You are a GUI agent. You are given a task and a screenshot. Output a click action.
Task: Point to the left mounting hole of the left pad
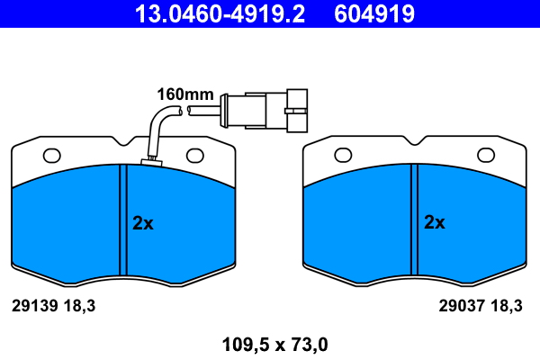point(51,156)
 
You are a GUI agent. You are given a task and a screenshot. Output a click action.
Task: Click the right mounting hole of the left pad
point(195,156)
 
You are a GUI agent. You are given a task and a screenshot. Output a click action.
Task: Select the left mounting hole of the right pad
point(343,156)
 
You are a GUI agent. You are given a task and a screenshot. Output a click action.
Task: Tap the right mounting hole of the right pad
point(487,156)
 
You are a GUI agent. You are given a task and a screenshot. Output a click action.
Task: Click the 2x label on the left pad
point(143,223)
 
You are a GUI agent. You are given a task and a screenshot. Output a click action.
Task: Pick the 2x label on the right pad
point(435,223)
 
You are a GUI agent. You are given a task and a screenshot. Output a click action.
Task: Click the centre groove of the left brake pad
point(124,220)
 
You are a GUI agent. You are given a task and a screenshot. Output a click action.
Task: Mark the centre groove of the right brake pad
point(415,220)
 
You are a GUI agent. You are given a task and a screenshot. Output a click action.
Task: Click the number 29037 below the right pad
point(460,306)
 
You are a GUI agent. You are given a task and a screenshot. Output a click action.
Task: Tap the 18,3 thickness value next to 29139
point(77,306)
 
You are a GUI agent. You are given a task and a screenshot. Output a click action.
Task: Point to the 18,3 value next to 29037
point(508,306)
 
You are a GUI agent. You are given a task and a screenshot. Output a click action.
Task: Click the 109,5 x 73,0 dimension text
point(270,343)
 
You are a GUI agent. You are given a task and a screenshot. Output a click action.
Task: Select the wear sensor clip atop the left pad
point(150,163)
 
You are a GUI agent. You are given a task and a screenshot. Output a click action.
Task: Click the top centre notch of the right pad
point(415,141)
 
